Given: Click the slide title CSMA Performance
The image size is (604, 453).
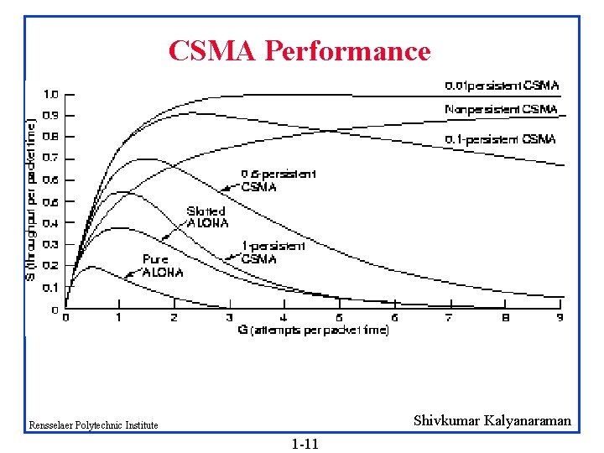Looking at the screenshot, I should click(299, 51).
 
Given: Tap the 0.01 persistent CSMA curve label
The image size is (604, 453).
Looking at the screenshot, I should click(501, 86).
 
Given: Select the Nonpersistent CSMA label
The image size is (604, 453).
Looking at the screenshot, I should click(500, 109).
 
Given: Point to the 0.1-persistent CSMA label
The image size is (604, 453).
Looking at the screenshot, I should click(500, 139).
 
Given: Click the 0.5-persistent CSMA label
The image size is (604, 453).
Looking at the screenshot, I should click(278, 180).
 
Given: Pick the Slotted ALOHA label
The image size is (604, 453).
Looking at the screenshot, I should click(206, 217).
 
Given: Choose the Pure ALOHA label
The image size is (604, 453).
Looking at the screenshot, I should click(162, 266).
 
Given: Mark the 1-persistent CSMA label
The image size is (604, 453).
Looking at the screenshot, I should click(273, 253).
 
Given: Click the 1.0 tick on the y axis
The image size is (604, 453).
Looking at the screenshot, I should click(51, 94).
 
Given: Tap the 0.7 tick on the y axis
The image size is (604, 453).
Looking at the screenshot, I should click(51, 158).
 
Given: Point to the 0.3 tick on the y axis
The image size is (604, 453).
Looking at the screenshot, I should click(51, 244).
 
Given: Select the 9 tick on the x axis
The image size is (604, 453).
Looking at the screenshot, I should click(560, 318).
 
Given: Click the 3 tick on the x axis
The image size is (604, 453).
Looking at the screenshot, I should click(229, 318).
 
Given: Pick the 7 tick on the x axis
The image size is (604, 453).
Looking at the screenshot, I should click(449, 318).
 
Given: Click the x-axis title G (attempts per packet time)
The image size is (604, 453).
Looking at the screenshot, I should click(314, 331).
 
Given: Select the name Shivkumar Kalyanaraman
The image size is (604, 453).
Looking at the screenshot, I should click(492, 421).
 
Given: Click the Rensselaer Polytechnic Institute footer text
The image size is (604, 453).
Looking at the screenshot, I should click(92, 425).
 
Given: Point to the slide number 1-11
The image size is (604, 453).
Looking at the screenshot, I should click(305, 443).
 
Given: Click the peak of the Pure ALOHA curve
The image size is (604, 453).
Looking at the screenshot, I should click(91, 267).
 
